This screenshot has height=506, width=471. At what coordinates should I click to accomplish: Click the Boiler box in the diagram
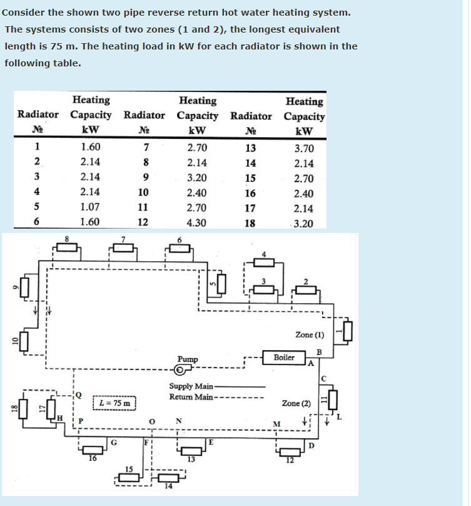[x=285, y=358]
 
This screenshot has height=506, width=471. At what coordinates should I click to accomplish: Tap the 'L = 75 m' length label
[x=114, y=403]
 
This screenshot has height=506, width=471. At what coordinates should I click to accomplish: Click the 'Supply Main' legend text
[x=191, y=386]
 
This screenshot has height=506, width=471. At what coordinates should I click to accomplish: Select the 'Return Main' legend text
[x=191, y=396]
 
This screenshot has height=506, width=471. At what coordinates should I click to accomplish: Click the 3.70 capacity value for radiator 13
[x=303, y=148]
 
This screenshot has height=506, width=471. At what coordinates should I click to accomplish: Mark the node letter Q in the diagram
[x=79, y=395]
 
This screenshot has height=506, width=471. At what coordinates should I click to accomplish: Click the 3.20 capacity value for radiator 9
[x=197, y=177]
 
